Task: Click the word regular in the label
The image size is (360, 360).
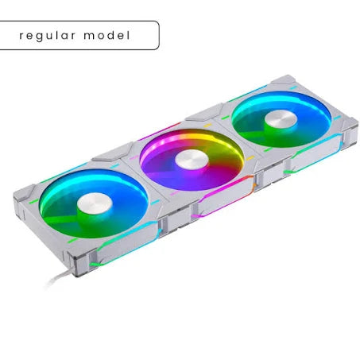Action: click(x=52, y=36)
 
